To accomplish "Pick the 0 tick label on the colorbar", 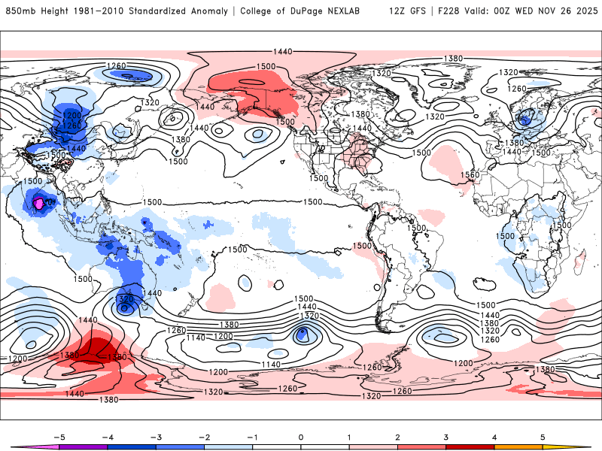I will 301,437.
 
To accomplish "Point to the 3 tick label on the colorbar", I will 445,437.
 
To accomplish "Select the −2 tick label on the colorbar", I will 204,437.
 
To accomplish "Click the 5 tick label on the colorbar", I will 543,437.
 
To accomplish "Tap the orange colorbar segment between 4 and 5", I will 518,446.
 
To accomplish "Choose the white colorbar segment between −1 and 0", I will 277,446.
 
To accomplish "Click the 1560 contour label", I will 470,174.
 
